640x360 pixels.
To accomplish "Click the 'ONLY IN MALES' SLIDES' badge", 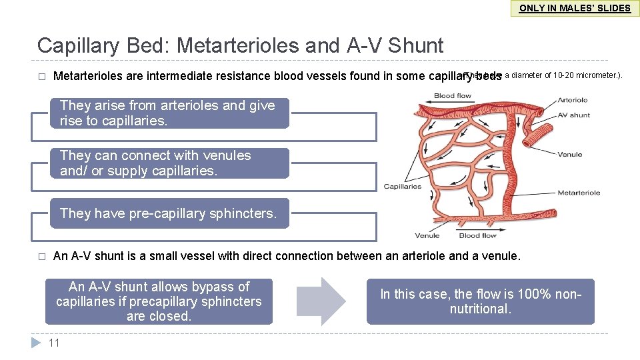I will point(574,8).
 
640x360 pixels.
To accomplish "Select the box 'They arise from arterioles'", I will point(170,113).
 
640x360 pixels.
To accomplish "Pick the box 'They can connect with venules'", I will point(170,163).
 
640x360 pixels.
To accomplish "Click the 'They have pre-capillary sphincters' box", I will point(170,213).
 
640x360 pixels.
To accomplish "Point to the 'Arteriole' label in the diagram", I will point(573,100).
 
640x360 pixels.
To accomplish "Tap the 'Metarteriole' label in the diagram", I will point(578,193).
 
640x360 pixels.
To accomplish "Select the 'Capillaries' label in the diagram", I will point(403,187).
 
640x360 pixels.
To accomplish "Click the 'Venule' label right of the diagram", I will point(570,155).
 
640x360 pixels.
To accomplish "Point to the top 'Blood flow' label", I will point(453,96).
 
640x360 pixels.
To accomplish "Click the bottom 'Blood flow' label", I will point(477,235).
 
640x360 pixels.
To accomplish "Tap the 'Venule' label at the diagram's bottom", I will point(427,235).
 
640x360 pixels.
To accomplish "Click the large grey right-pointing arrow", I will point(321,301).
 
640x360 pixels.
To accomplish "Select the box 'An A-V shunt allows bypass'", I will point(159,301).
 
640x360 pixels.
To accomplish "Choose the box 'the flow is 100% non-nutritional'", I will point(480,301).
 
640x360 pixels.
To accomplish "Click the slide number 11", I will point(55,343).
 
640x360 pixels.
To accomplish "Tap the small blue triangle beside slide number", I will point(37,343).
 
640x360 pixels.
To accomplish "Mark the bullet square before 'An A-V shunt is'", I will point(41,256).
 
